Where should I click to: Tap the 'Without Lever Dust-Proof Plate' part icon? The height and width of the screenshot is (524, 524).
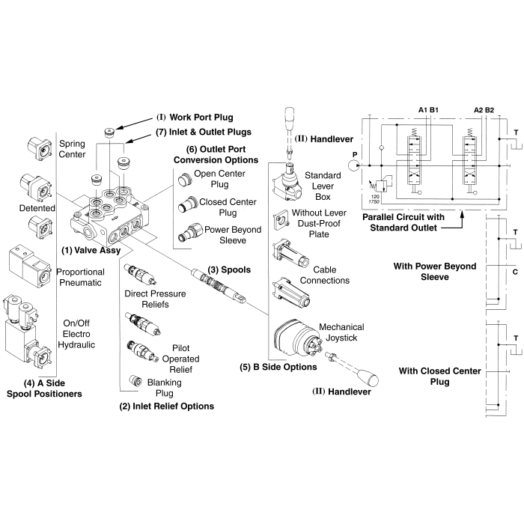pyautogui.click(x=283, y=222)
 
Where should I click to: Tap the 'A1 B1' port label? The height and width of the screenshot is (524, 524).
pyautogui.click(x=428, y=110)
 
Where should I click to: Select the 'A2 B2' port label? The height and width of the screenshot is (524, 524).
pyautogui.click(x=484, y=110)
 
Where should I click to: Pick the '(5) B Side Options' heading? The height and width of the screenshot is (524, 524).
pyautogui.click(x=278, y=367)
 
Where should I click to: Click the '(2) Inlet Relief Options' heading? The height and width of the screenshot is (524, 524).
pyautogui.click(x=167, y=406)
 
